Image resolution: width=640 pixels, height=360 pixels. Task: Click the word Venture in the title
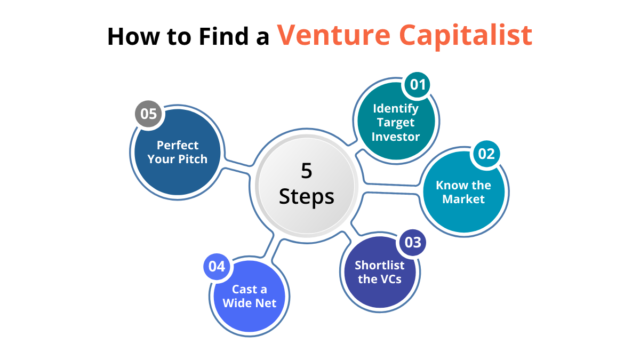pyautogui.click(x=333, y=35)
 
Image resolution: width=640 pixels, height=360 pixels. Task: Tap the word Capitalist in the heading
pyautogui.click(x=466, y=37)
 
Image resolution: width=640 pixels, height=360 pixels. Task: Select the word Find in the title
pyautogui.click(x=223, y=36)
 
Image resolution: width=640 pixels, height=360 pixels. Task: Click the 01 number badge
pyautogui.click(x=418, y=85)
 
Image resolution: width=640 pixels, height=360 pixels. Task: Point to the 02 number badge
pyautogui.click(x=486, y=154)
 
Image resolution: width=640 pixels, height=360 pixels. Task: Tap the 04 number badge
pyautogui.click(x=217, y=267)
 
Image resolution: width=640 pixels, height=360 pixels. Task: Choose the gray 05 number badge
pyautogui.click(x=149, y=114)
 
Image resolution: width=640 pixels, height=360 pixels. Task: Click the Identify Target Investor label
pyautogui.click(x=395, y=122)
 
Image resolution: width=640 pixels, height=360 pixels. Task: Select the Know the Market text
pyautogui.click(x=463, y=192)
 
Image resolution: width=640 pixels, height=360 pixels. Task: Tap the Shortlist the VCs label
pyautogui.click(x=380, y=273)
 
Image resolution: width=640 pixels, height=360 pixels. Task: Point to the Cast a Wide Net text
pyautogui.click(x=250, y=297)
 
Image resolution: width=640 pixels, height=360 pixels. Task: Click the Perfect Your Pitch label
pyautogui.click(x=178, y=153)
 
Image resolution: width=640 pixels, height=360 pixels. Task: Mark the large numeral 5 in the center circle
pyautogui.click(x=306, y=171)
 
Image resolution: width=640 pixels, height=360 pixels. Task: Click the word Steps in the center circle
pyautogui.click(x=307, y=197)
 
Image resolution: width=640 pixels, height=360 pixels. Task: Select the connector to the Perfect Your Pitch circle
pyautogui.click(x=237, y=166)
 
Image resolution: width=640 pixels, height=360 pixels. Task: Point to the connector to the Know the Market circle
pyautogui.click(x=391, y=189)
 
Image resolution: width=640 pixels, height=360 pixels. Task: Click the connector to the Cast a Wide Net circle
pyautogui.click(x=273, y=249)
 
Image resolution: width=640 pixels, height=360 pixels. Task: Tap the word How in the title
pyautogui.click(x=133, y=36)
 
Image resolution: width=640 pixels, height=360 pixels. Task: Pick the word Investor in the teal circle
pyautogui.click(x=395, y=137)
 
